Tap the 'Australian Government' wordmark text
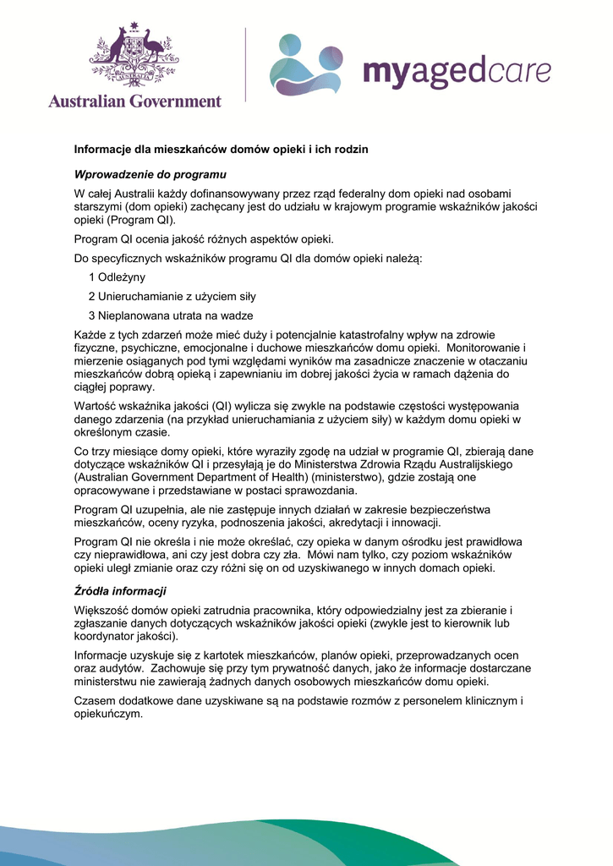tap(134, 101)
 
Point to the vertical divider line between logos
tap(246, 65)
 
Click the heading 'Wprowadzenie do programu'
tap(151, 174)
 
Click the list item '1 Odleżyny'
tap(117, 277)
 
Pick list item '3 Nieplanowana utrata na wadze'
tap(171, 315)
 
